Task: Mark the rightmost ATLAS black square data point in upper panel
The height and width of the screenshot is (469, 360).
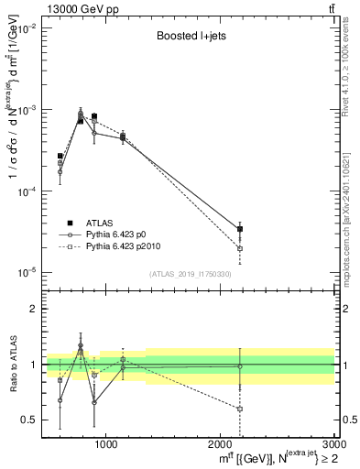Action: coord(240,229)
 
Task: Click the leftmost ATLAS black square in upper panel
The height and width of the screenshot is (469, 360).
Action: coord(60,156)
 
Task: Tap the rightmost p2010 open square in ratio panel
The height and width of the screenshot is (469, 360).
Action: coord(240,409)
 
